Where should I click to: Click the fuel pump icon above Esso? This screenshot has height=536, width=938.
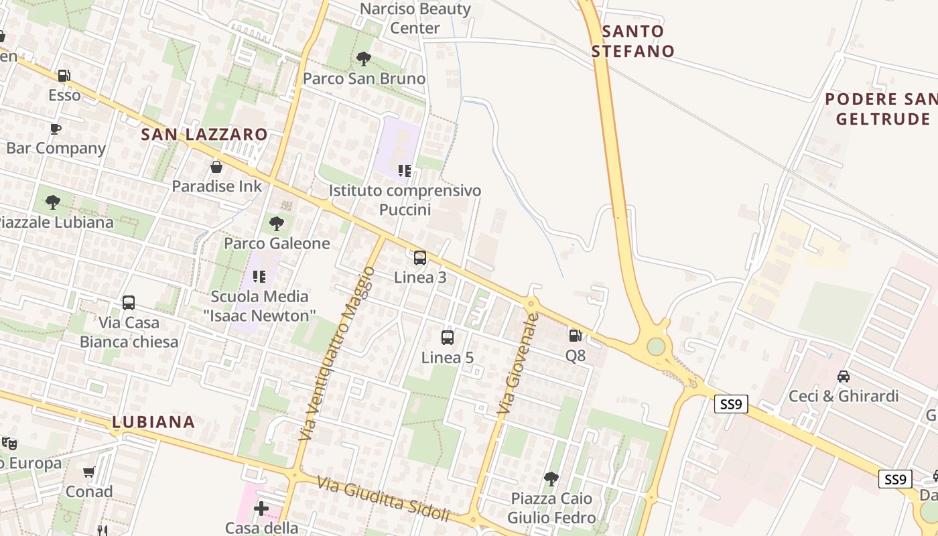[64, 76]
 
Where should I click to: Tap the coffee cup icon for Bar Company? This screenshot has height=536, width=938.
[56, 129]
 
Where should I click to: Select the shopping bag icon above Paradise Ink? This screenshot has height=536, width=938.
[216, 167]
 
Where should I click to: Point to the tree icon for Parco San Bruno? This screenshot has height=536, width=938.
[364, 59]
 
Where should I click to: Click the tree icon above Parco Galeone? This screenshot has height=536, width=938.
[276, 224]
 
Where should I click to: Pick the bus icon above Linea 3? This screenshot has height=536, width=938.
[420, 258]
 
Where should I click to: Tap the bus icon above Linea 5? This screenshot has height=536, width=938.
[448, 338]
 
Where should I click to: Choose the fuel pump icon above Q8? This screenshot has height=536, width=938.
[575, 336]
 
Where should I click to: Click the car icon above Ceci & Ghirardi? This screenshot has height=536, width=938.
[844, 377]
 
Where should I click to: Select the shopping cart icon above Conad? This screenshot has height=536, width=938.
[89, 472]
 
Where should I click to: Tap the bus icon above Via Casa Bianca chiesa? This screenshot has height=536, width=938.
[129, 303]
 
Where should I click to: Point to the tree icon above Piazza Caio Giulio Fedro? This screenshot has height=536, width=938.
[551, 478]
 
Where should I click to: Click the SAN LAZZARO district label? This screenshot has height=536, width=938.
[204, 135]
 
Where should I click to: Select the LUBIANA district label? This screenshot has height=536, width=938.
[153, 422]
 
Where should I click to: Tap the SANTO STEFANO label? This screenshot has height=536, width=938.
[632, 41]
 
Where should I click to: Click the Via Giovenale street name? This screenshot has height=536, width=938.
[518, 362]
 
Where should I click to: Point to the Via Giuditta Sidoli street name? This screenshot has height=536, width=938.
[383, 500]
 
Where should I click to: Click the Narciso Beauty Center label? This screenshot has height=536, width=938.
[415, 18]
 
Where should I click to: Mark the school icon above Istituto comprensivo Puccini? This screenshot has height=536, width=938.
[404, 171]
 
